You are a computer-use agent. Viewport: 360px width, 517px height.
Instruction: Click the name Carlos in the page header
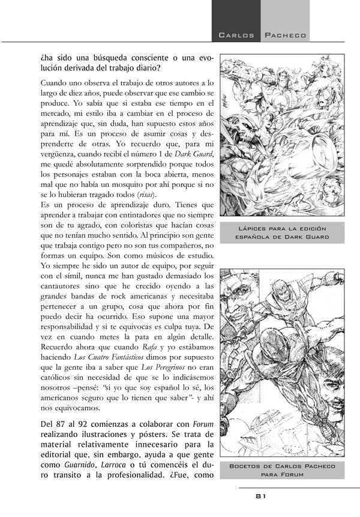[x=238, y=35]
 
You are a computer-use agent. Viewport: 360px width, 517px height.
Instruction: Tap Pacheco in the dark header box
[x=286, y=35]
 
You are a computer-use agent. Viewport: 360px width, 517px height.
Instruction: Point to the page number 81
[x=261, y=496]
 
